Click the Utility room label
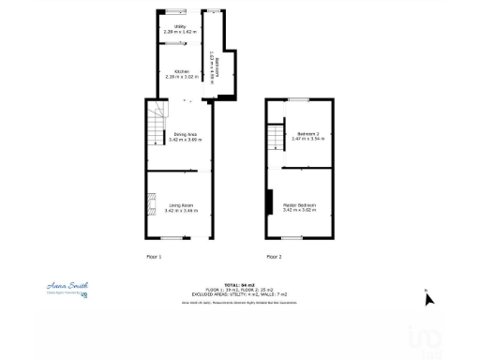(179, 26)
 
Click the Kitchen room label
(181, 71)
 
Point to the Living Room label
(181, 205)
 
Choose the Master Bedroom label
(299, 204)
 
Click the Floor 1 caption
(155, 256)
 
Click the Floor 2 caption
(274, 256)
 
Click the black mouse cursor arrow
(428, 298)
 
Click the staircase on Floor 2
(275, 140)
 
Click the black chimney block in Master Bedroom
(270, 202)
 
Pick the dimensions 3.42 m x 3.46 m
(181, 211)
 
